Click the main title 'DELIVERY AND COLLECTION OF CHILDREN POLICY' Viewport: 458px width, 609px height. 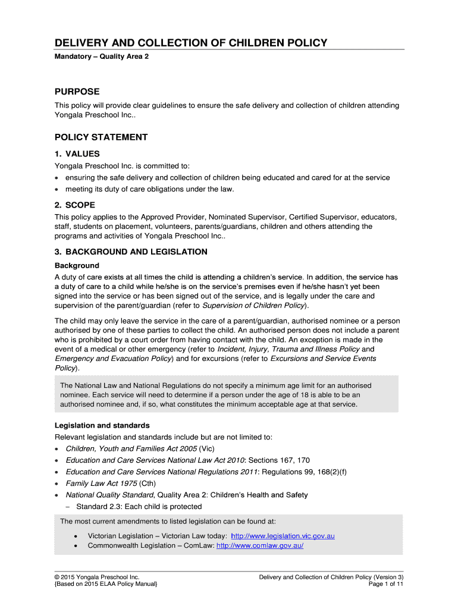(191, 43)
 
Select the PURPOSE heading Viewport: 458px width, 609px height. (77, 92)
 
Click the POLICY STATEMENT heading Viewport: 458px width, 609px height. (101, 137)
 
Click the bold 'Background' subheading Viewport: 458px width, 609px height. (77, 265)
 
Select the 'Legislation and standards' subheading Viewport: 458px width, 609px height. (102, 426)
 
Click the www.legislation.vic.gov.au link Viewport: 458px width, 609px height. (283, 536)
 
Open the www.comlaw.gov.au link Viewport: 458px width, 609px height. (260, 545)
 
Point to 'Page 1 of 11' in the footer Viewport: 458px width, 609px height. (386, 585)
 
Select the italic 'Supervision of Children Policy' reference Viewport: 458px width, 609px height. (254, 306)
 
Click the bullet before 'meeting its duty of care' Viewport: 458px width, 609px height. (57, 190)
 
